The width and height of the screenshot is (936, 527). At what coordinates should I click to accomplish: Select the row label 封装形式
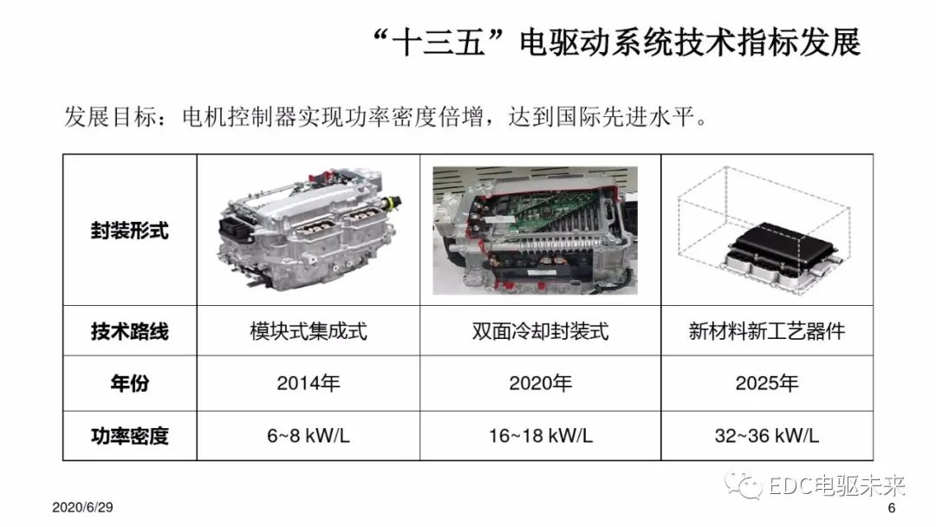[x=129, y=231]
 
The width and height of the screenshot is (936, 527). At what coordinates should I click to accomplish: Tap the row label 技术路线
[x=129, y=331]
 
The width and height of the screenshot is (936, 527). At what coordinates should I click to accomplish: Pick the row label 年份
[x=129, y=383]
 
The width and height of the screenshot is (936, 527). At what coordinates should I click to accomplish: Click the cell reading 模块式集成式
[x=308, y=331]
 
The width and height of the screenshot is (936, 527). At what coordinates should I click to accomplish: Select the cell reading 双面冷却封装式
[x=540, y=331]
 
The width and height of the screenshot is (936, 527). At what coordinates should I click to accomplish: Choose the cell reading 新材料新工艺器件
[x=766, y=331]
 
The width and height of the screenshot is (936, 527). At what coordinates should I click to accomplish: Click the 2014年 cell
[x=308, y=383]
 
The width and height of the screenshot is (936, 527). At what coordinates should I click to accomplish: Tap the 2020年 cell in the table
[x=540, y=383]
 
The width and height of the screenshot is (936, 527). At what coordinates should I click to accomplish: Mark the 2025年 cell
[x=766, y=383]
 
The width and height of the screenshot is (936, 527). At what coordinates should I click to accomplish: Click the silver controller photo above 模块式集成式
[x=308, y=230]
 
